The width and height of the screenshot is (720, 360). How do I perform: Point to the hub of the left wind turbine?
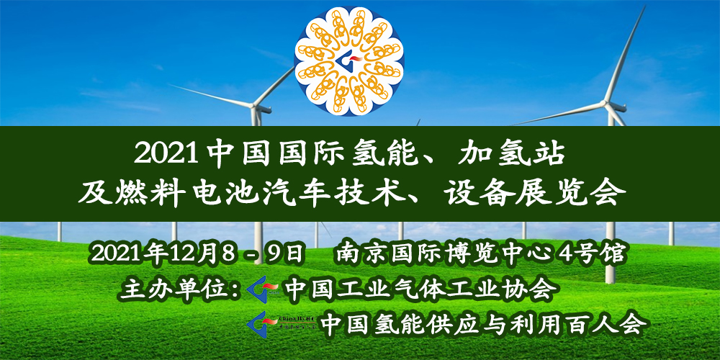click(x=254, y=106)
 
